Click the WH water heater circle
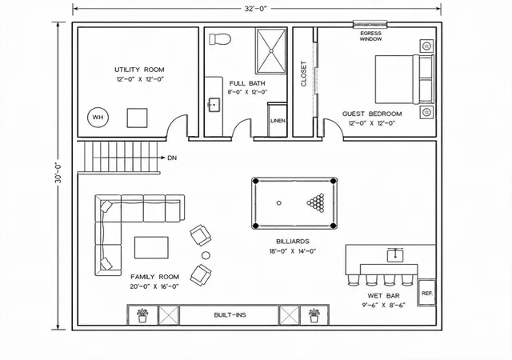pos(98,118)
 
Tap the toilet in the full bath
pos(220,39)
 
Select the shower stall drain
pos(271,50)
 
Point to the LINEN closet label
pos(278,121)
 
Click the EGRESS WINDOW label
pos(370,36)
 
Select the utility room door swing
pos(177,126)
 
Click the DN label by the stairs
pos(172,158)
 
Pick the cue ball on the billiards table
pos(279,203)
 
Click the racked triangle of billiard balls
pos(316,203)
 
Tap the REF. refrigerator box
pos(426,293)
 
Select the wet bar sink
pos(395,255)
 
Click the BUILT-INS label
pos(230,315)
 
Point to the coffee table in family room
pos(151,248)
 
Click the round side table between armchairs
pos(206,255)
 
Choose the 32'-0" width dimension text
pos(256,9)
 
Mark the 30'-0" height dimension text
pos(58,173)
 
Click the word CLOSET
pos(304,74)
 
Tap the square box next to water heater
pos(137,118)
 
